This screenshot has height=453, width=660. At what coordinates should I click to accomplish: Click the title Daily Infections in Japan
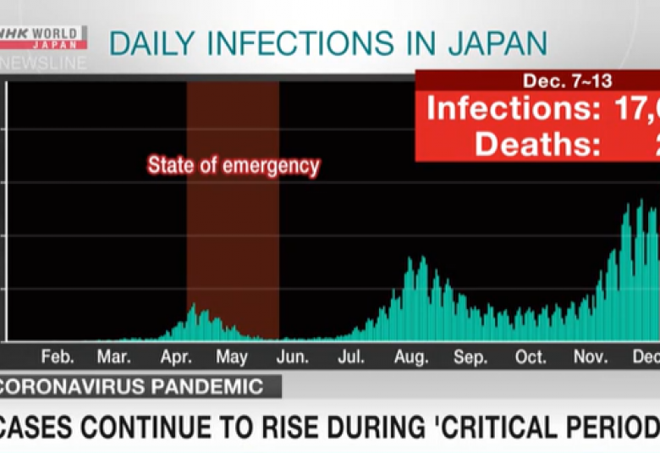tap(328, 43)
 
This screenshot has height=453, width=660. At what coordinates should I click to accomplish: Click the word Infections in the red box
tap(509, 108)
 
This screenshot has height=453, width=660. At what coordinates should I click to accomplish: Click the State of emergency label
tap(234, 165)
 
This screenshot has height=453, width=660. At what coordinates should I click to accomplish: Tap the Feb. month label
tap(57, 357)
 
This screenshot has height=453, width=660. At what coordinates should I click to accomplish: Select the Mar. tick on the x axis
tap(113, 357)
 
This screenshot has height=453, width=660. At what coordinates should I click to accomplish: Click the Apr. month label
tap(174, 357)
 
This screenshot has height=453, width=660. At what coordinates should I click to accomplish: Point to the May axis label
tap(232, 357)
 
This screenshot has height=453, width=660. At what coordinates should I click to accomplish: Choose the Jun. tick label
tap(293, 357)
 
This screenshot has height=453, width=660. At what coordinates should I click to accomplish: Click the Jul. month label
tap(351, 357)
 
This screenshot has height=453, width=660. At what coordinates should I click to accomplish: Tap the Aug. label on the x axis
tap(411, 357)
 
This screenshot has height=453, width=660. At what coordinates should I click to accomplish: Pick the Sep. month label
tap(470, 357)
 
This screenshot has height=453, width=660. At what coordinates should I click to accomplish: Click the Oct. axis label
tap(531, 357)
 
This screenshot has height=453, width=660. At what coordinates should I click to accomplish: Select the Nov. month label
tap(591, 357)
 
